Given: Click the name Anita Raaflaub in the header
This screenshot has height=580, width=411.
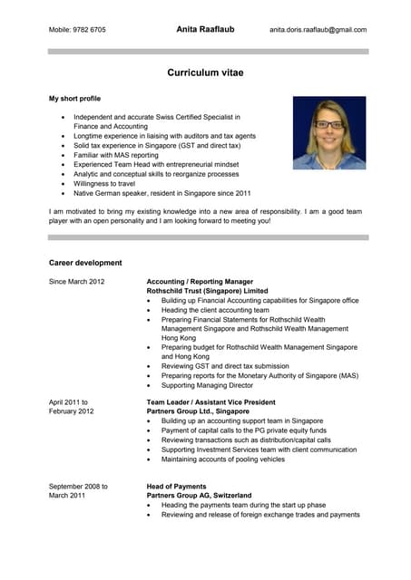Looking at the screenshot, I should pyautogui.click(x=205, y=29).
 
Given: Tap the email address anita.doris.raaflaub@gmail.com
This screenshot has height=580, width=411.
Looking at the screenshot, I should pyautogui.click(x=318, y=30).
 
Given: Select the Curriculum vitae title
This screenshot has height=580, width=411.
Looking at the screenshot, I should pyautogui.click(x=205, y=72).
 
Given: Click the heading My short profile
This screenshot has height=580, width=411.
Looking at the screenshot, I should pyautogui.click(x=74, y=98).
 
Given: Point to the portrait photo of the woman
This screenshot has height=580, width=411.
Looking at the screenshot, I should pyautogui.click(x=329, y=133).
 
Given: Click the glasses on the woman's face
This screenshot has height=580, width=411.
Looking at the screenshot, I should pyautogui.click(x=329, y=124).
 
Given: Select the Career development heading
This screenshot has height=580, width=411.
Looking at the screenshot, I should pyautogui.click(x=84, y=263).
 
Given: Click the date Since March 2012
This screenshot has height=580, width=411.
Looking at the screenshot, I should pyautogui.click(x=76, y=282).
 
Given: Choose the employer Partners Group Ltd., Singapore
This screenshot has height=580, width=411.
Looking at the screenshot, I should pyautogui.click(x=198, y=411).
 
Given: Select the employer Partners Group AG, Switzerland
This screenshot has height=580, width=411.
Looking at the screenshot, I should pyautogui.click(x=200, y=496).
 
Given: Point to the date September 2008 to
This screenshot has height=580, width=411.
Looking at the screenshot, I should pyautogui.click(x=78, y=487).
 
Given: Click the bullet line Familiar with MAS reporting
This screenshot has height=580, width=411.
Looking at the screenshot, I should pyautogui.click(x=122, y=155).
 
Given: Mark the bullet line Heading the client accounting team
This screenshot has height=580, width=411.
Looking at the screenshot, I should pyautogui.click(x=215, y=310).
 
